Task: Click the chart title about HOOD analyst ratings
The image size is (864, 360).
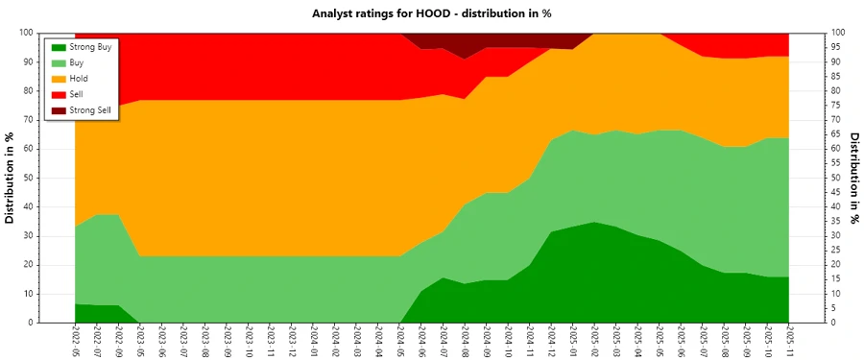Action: pyautogui.click(x=432, y=13)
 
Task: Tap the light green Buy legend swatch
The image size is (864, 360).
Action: pyautogui.click(x=60, y=62)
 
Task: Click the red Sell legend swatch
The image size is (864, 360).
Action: pyautogui.click(x=60, y=94)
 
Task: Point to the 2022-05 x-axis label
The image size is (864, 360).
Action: pyautogui.click(x=75, y=342)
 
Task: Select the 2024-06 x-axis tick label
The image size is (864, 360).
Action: pyautogui.click(x=422, y=342)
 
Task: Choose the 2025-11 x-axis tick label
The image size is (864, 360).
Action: pyautogui.click(x=789, y=342)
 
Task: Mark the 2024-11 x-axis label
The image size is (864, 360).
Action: pyautogui.click(x=530, y=342)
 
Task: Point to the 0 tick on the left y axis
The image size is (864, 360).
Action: pyautogui.click(x=60, y=323)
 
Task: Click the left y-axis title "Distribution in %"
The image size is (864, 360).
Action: pyautogui.click(x=12, y=178)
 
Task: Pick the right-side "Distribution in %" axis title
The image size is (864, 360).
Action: pyautogui.click(x=853, y=178)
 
